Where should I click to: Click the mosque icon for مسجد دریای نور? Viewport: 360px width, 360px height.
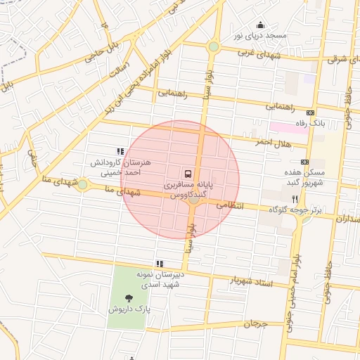[x=260, y=25]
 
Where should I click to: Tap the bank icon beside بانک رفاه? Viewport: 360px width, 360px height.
[x=310, y=113]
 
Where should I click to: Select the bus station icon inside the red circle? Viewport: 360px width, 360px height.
[x=188, y=172]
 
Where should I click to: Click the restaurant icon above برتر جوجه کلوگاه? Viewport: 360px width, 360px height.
[x=294, y=200]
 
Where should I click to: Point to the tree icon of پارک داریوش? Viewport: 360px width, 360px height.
[x=128, y=298]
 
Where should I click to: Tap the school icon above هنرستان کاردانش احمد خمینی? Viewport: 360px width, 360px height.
[x=120, y=151]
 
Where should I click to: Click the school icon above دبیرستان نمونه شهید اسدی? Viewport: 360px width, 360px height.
[x=160, y=264]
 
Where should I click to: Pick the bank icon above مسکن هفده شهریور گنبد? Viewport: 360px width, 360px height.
[x=304, y=162]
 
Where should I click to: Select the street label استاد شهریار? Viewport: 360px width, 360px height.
[x=251, y=281]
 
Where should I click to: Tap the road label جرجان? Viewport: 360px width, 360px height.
[x=257, y=324]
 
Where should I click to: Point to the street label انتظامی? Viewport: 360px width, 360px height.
[x=229, y=205]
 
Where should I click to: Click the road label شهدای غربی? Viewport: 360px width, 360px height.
[x=259, y=53]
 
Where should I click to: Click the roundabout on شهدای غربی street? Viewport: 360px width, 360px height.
[x=213, y=47]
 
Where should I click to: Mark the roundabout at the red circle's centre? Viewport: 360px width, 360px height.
[x=193, y=200]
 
